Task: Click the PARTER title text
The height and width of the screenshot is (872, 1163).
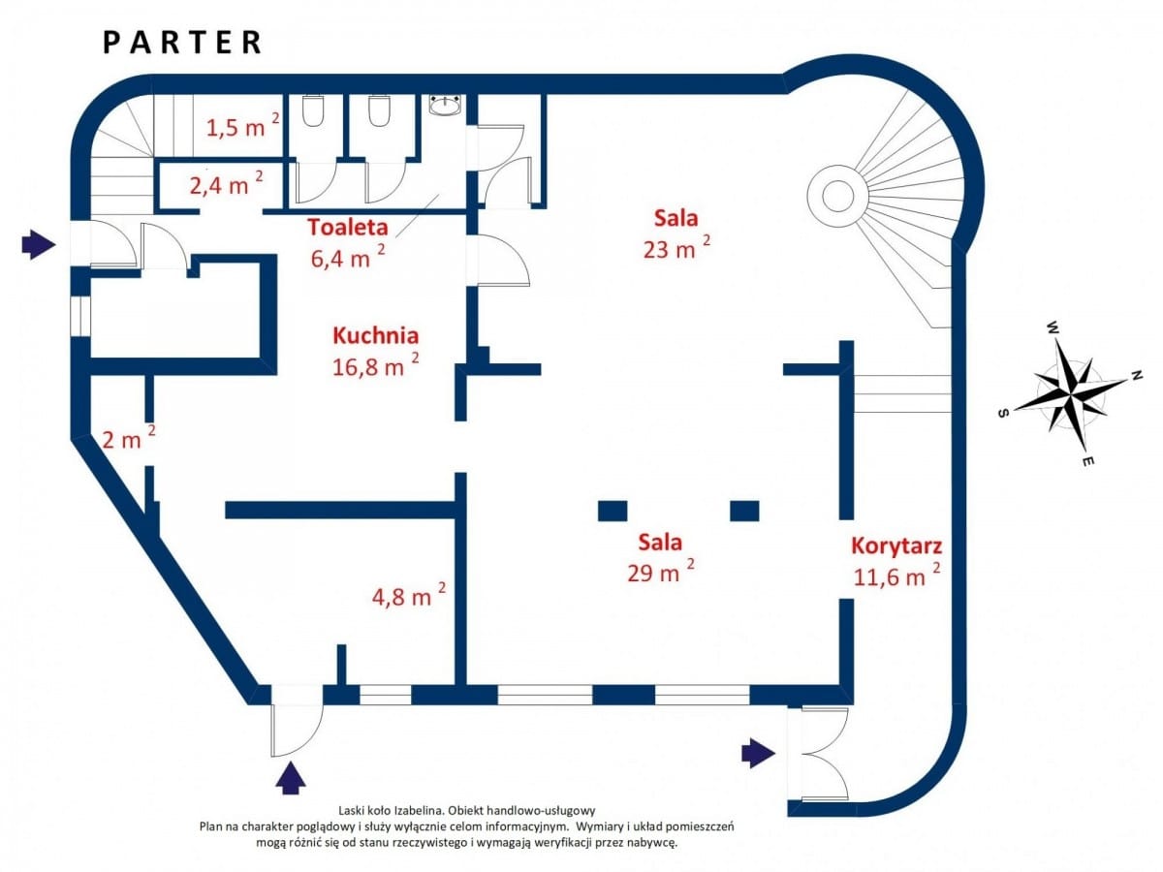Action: click(182, 43)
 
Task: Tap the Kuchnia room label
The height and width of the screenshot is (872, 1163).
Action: click(376, 335)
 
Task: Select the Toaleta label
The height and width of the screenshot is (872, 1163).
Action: click(348, 227)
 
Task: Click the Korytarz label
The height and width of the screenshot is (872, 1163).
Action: click(896, 545)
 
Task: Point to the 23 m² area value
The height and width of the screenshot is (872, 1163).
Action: click(676, 248)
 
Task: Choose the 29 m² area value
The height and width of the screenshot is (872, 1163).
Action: click(661, 572)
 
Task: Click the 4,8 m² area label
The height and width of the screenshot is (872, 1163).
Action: click(409, 595)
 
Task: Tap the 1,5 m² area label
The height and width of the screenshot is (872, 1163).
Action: click(242, 126)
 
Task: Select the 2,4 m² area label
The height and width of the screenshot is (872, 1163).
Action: click(226, 183)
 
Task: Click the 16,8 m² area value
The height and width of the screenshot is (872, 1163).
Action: click(376, 365)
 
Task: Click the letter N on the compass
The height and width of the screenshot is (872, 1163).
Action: click(1136, 376)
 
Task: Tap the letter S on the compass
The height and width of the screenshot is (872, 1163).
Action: click(1002, 414)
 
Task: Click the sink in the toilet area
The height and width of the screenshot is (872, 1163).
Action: click(446, 105)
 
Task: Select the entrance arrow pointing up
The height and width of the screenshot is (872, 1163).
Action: click(291, 777)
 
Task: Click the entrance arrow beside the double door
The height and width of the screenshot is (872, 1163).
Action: click(758, 753)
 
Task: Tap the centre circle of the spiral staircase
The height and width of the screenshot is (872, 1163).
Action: click(838, 196)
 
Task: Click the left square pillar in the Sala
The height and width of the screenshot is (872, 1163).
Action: click(613, 511)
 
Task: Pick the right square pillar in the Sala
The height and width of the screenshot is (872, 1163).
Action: click(744, 511)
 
